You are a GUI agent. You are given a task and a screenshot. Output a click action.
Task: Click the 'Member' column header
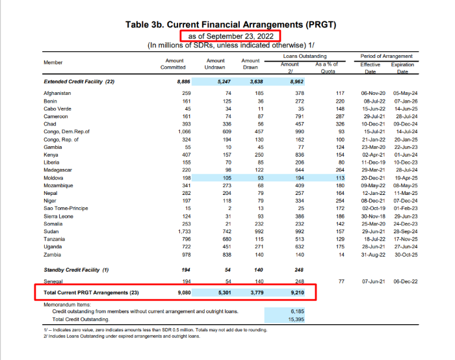click(53, 62)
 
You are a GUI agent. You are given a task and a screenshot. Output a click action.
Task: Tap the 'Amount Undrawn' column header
click(215, 64)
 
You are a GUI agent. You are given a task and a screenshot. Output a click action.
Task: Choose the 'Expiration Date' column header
click(402, 68)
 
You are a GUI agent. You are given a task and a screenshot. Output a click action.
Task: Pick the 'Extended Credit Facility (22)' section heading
click(79, 82)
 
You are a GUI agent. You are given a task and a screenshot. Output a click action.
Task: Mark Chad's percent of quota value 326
click(339, 124)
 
